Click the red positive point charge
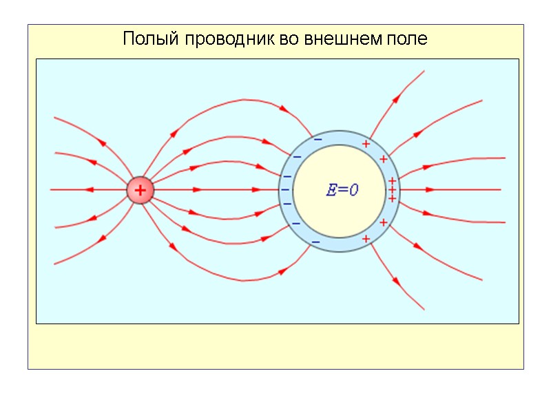coord(140,190)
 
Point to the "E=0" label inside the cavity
coord(342,191)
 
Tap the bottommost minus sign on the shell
coord(315,242)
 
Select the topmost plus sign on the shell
coord(366,144)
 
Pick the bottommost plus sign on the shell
coord(366,239)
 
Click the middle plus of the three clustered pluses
coord(392,190)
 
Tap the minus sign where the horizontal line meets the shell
coord(284,189)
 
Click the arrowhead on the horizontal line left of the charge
coord(90,189)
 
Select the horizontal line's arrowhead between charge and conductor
coord(198,189)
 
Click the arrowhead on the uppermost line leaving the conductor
coord(396,98)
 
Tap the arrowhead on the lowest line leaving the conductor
coord(396,281)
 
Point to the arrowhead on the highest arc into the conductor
coord(283,108)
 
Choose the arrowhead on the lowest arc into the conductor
coord(282,271)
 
